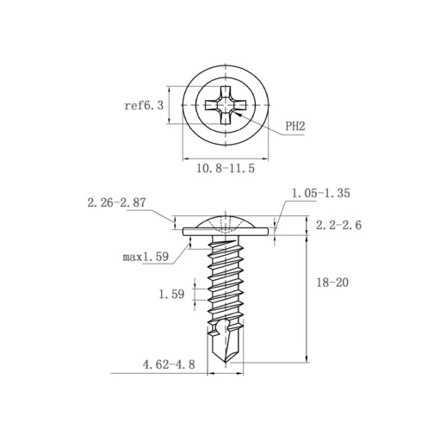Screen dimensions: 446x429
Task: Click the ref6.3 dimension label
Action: pyautogui.click(x=144, y=105)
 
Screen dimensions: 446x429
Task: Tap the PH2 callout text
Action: pyautogui.click(x=295, y=126)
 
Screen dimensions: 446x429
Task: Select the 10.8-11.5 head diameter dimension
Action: pyautogui.click(x=226, y=168)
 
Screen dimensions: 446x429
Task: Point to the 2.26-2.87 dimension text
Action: pyautogui.click(x=116, y=202)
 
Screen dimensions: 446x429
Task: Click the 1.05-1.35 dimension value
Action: pyautogui.click(x=321, y=193)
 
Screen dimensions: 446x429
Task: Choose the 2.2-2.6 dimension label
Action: pyautogui.click(x=338, y=225)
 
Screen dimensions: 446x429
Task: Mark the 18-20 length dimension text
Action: pyautogui.click(x=332, y=283)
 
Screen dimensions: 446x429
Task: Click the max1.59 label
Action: pyautogui.click(x=146, y=257)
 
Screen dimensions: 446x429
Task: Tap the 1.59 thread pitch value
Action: pyautogui.click(x=171, y=294)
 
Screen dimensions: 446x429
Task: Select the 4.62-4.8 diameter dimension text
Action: pyautogui.click(x=169, y=364)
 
